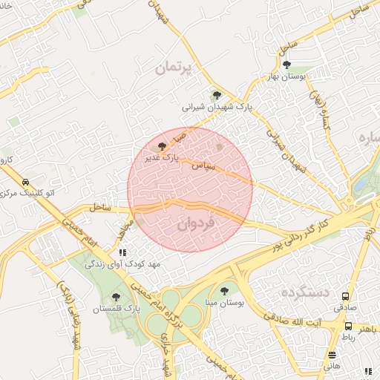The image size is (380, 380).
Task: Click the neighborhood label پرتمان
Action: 174,68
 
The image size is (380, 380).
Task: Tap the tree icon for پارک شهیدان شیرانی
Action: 217,95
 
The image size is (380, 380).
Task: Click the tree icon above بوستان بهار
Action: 287,65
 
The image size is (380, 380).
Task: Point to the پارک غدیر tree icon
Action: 163,147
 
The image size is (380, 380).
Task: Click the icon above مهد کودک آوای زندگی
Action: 122,252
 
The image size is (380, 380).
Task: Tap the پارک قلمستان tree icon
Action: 114,296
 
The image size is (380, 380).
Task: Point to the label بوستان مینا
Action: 223,304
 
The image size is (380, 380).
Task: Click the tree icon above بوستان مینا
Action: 224,292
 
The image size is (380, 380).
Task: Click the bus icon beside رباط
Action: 349,326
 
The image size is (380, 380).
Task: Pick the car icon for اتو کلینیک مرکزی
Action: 25,183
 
